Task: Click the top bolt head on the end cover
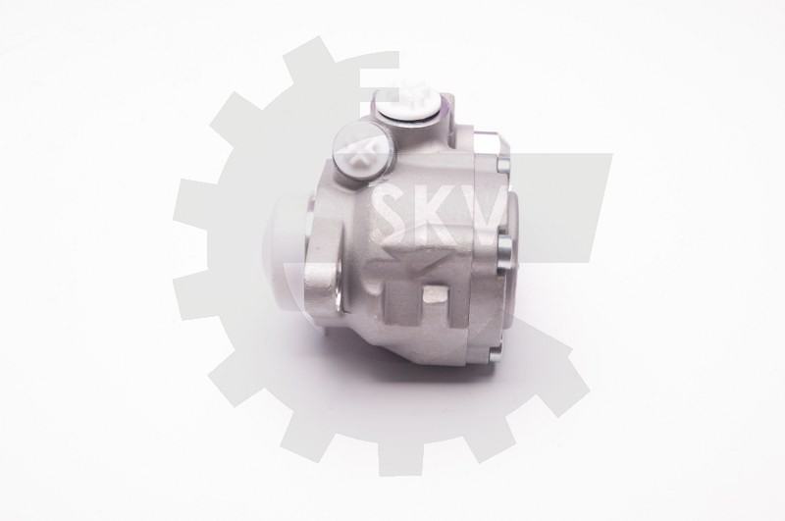coord(503,162)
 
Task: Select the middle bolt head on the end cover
coord(504,245)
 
